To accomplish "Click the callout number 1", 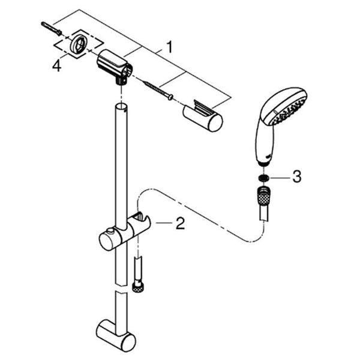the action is (x=169, y=47).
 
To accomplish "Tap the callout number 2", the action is (x=180, y=223).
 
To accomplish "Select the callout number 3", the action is (x=297, y=176).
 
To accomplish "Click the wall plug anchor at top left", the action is (x=51, y=28).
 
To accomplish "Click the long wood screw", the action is (x=158, y=91).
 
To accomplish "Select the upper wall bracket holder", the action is (x=115, y=67).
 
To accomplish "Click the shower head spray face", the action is (x=289, y=110).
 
